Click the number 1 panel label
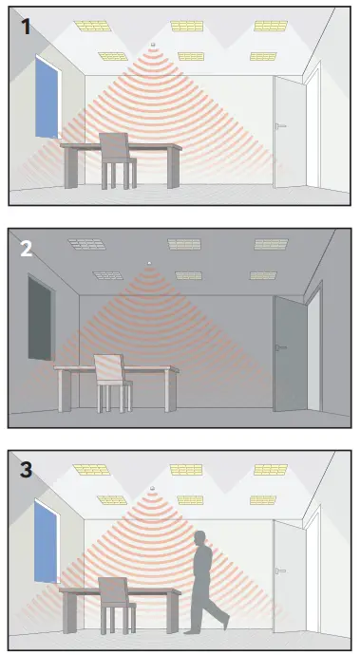[25, 27]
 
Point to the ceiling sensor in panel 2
[149, 263]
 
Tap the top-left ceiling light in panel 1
[92, 26]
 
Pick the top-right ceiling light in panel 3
[271, 469]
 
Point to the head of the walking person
[202, 537]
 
